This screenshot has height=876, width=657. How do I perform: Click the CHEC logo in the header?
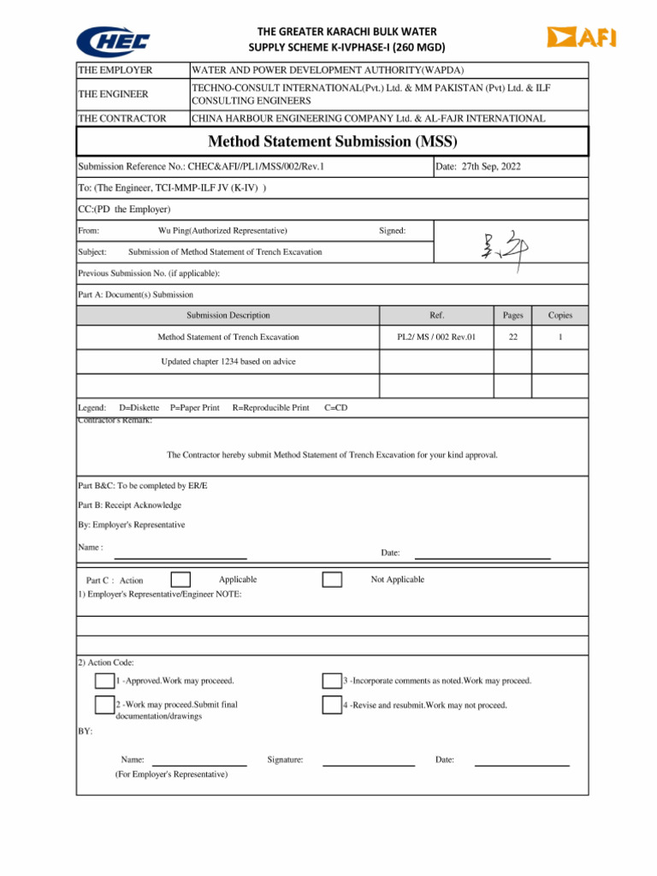coord(114,39)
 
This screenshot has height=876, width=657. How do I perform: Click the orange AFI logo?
coord(582,37)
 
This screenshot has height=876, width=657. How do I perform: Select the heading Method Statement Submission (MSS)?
coord(333,141)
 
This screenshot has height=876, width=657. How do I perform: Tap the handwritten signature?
coord(506,251)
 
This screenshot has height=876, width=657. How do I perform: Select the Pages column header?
coord(513,315)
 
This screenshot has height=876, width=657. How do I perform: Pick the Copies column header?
coord(560,315)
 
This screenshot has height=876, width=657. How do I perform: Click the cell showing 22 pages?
coord(513,337)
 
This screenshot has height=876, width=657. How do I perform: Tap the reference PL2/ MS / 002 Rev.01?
coord(436,337)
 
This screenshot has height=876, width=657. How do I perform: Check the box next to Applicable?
coord(181,580)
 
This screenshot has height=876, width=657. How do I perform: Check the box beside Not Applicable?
coord(332,580)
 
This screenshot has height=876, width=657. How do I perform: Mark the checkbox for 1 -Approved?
coord(104,681)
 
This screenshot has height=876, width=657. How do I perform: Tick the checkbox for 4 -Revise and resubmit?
coord(332,706)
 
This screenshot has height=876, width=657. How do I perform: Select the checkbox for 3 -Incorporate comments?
coord(332,681)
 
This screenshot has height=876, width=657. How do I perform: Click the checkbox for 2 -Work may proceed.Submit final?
coord(104,706)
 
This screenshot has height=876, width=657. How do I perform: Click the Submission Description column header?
coord(228,315)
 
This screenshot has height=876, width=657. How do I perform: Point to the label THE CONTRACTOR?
coord(122,118)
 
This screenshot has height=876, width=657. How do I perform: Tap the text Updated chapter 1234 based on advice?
coord(228,361)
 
